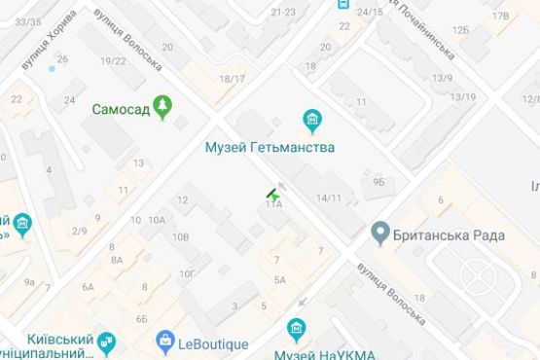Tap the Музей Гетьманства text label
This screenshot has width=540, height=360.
pos(270,148)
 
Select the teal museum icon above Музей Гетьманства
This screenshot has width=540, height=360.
pos(312,122)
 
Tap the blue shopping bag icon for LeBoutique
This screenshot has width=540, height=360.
pos(165,342)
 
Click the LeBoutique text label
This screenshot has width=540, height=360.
pos(214,342)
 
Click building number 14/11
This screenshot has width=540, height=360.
pos(327,198)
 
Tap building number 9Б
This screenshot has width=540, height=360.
pos(378,180)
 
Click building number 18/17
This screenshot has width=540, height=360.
pos(233,79)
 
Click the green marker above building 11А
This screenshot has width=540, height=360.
pos(272,194)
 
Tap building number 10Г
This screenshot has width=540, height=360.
pos(188,271)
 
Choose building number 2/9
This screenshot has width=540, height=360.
pos(79,231)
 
